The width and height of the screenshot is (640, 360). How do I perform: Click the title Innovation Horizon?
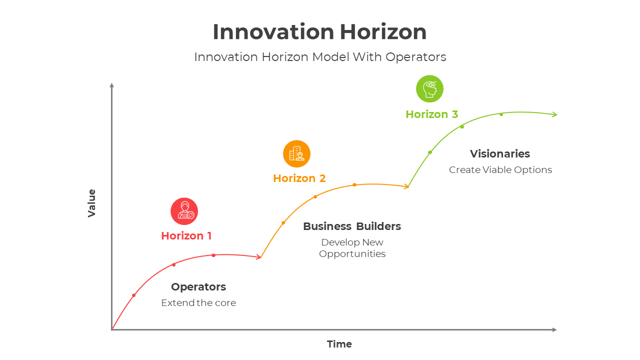coord(319,32)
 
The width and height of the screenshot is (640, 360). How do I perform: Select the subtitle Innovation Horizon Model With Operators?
coord(320,57)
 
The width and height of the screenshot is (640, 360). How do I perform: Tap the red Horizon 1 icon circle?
coord(184,211)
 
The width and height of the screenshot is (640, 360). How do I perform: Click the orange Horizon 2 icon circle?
coord(296,153)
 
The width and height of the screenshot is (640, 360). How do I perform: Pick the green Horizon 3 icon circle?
coord(429,89)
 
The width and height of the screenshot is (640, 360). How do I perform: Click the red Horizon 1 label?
coord(186,236)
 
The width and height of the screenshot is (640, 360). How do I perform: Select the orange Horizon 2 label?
coord(299,178)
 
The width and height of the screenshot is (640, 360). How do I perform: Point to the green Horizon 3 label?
coord(431,114)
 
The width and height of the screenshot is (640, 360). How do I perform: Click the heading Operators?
coord(198,287)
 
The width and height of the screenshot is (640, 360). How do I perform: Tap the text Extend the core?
coord(198,303)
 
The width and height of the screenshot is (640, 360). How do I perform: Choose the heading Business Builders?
coord(352,226)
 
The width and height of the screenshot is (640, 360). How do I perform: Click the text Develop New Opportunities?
coord(352,248)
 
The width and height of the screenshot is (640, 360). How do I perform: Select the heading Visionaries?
coord(499,154)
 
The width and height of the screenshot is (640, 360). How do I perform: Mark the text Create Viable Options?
coord(500,170)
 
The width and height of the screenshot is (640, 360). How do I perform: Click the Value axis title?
coord(92,203)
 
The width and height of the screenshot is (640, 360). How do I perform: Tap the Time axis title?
coord(339,344)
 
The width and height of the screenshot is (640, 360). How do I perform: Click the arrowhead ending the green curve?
coord(554,114)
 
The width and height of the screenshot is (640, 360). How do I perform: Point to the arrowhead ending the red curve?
coord(258,257)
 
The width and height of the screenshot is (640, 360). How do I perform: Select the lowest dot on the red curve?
coord(133,295)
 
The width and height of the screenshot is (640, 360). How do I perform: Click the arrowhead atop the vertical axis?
coord(112,85)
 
